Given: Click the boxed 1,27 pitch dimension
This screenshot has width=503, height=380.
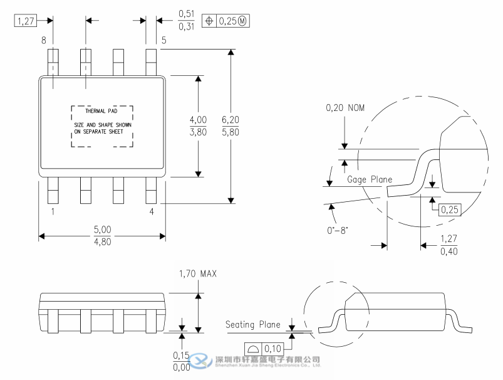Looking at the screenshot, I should [x=25, y=21].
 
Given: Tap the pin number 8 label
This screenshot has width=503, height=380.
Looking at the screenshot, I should [x=44, y=40].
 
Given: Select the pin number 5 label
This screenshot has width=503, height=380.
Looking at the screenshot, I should [x=163, y=40].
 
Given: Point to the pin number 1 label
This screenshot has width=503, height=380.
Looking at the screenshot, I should [x=53, y=212].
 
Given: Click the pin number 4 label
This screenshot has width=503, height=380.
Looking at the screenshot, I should [x=151, y=212].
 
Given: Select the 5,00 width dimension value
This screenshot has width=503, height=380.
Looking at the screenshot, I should [x=102, y=230].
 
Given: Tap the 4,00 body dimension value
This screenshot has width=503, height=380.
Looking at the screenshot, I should [x=198, y=120].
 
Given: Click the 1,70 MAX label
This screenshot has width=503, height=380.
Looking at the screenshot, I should [x=198, y=274].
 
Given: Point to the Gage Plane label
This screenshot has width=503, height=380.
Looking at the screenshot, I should [x=370, y=180].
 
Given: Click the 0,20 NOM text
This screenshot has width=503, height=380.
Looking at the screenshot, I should [x=345, y=108].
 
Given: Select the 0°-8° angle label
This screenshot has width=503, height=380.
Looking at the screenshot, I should [x=338, y=230].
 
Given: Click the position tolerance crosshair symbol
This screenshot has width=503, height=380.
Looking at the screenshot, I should [x=210, y=21].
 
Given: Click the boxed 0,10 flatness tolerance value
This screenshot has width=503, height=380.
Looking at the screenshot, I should [x=273, y=349].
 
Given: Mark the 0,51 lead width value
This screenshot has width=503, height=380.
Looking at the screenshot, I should [x=186, y=14].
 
